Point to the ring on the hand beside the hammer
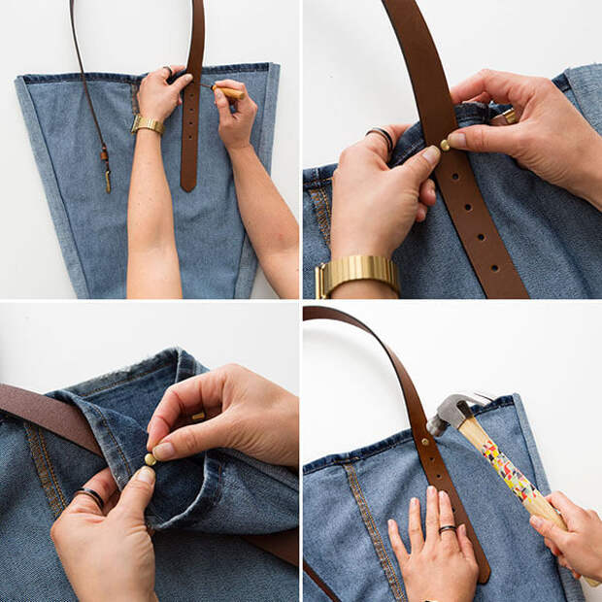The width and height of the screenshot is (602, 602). click(x=447, y=529)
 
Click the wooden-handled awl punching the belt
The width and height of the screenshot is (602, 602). click(x=228, y=93)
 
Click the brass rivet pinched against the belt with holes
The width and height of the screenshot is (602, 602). click(x=446, y=144)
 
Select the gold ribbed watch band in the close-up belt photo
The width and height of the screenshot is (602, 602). click(x=356, y=274)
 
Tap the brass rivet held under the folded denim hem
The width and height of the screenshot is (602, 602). click(x=150, y=457)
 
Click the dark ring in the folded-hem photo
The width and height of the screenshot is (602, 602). click(x=90, y=497)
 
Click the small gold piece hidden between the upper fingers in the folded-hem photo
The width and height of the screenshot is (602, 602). click(x=198, y=417)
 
